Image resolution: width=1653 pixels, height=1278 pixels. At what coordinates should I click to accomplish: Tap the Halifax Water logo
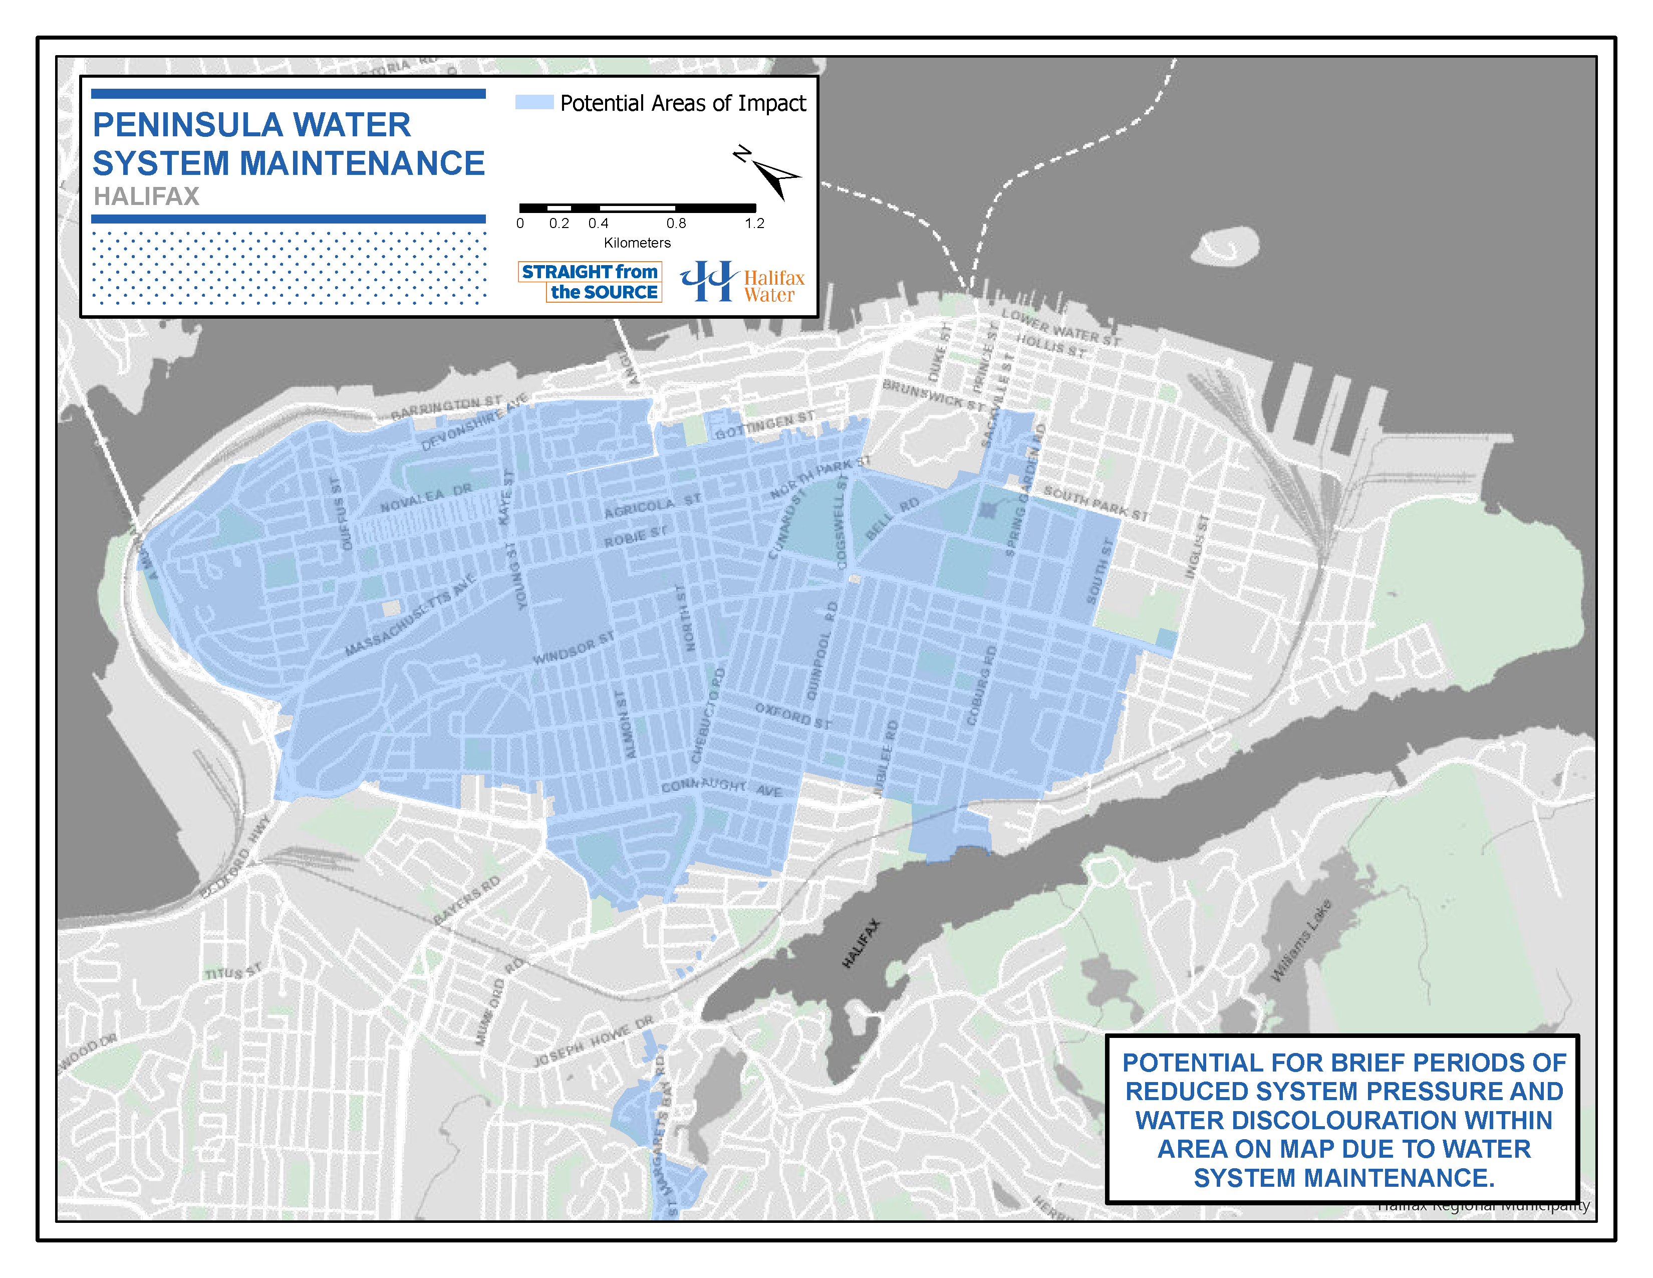pos(742,282)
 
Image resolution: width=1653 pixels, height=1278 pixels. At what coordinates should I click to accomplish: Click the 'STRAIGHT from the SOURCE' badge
pos(590,282)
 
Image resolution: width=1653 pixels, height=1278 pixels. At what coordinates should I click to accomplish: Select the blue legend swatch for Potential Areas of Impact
pos(534,102)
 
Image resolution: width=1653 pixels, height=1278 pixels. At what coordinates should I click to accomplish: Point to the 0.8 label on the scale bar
pos(676,224)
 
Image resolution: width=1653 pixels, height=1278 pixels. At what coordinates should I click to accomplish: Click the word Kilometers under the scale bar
pos(637,243)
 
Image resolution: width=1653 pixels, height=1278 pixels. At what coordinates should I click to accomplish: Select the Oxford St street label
pos(793,716)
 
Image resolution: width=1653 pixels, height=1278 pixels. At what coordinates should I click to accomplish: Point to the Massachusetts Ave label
pos(409,615)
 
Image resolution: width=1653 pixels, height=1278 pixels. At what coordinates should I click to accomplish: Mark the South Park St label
pos(1096,503)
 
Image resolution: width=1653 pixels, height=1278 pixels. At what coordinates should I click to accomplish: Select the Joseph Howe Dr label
pos(593,1042)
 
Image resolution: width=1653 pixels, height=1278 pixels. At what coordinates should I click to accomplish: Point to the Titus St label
pos(233,972)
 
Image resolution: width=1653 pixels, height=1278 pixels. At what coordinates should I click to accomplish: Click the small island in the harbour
pos(1225,247)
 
